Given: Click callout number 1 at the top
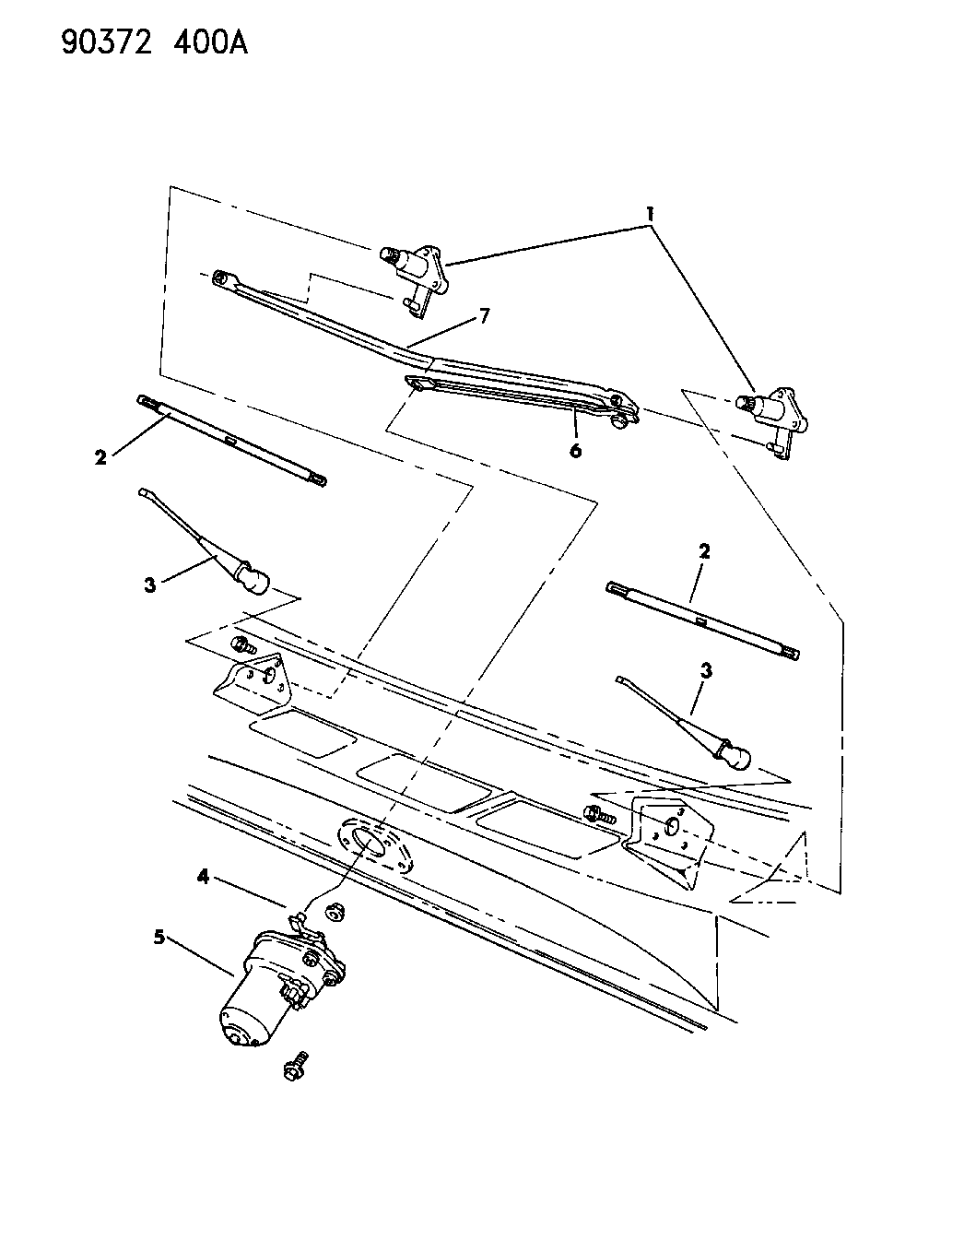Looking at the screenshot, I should tap(650, 214).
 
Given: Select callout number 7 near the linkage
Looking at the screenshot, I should tap(484, 316).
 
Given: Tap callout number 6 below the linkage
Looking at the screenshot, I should tap(575, 450).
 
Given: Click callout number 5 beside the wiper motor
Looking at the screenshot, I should tap(159, 937).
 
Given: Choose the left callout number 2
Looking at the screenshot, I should tap(101, 455).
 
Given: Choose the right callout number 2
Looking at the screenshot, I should tap(704, 551).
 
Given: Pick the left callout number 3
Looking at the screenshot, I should tap(150, 584).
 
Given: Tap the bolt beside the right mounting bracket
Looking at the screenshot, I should tap(595, 813).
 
